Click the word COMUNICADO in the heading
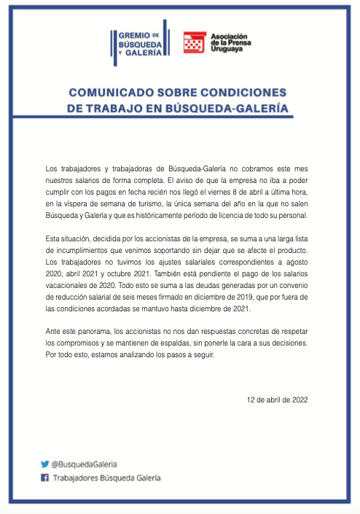(106, 93)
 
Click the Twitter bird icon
(44, 464)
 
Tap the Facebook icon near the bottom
(44, 478)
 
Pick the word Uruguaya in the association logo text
(227, 52)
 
